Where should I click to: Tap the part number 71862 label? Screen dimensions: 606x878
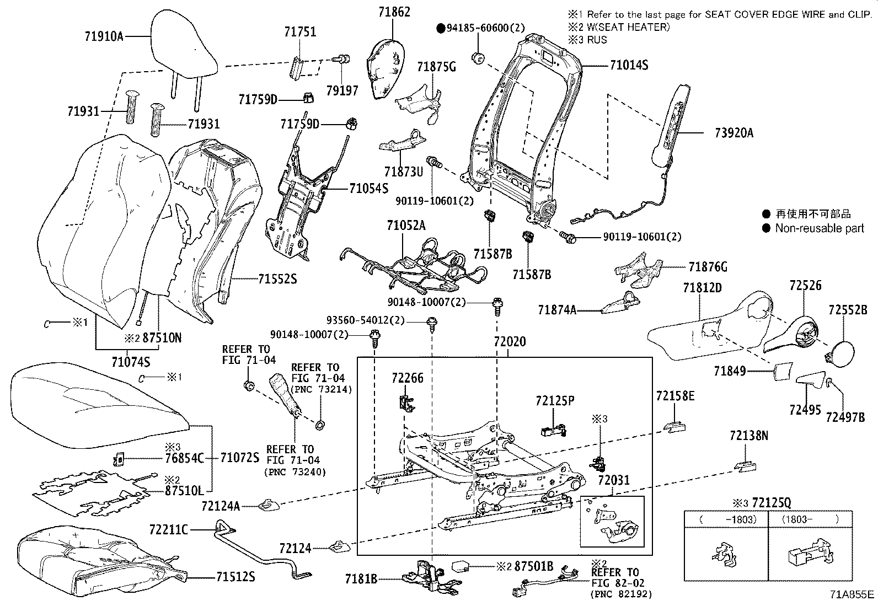394,12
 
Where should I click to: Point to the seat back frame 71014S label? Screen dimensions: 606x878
629,65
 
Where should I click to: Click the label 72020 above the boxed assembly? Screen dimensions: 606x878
510,342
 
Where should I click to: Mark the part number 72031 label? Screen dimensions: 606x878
613,481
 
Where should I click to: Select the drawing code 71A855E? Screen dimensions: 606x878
852,594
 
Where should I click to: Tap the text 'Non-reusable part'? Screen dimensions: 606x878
820,228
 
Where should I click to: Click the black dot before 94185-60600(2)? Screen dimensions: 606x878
441,28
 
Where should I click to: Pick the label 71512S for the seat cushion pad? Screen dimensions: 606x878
235,577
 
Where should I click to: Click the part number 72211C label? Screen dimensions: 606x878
168,530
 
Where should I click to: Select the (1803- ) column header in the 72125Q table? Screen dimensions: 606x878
810,519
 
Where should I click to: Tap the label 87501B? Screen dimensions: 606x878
533,566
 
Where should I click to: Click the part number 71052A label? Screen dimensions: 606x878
406,225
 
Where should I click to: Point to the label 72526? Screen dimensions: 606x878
805,285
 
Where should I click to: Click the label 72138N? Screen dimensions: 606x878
748,436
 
